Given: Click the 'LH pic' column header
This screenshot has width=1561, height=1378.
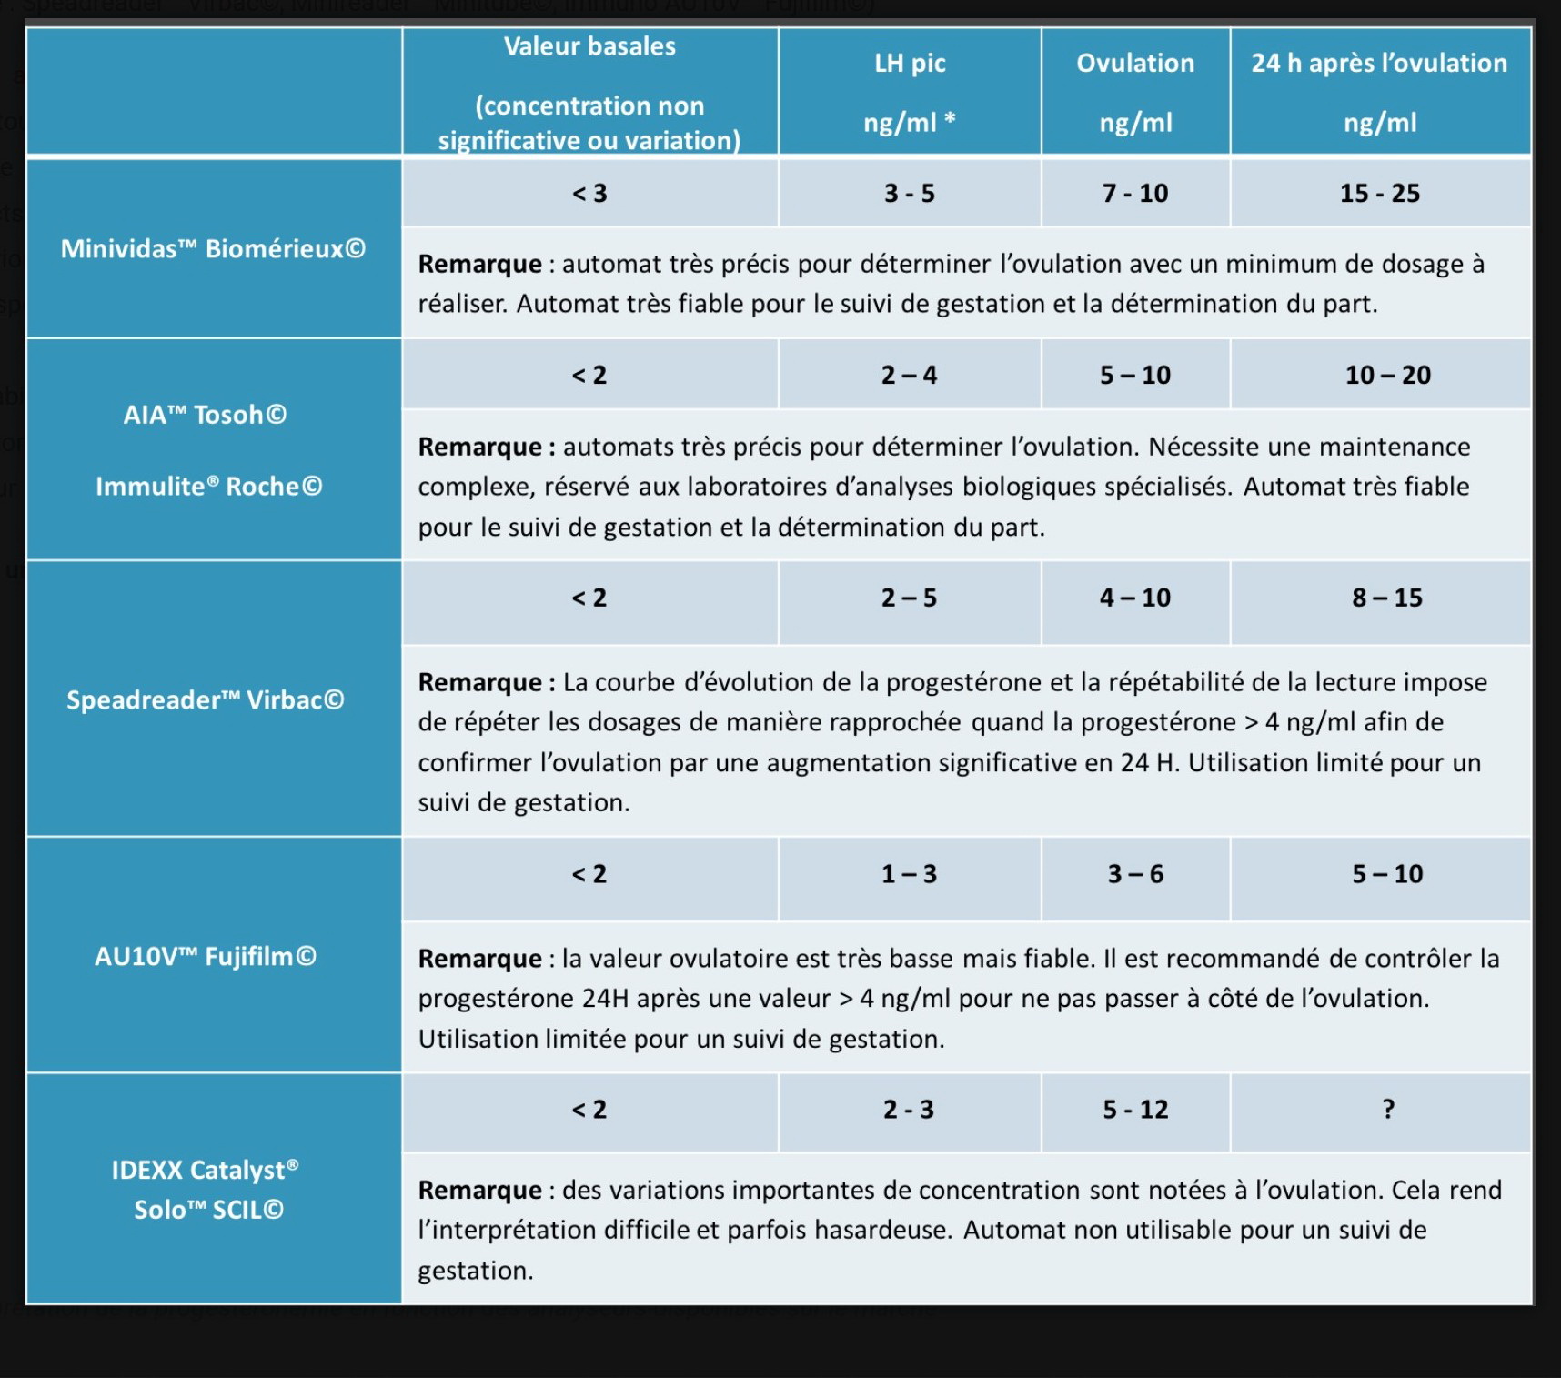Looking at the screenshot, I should tap(910, 63).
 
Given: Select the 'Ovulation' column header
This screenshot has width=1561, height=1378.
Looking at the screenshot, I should tap(1135, 63).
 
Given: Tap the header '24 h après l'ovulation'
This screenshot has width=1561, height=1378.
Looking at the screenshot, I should tap(1379, 63).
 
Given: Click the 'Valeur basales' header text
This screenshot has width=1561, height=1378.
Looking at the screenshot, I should tap(589, 46).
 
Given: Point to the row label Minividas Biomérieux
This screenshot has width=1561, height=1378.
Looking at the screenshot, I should tap(213, 248).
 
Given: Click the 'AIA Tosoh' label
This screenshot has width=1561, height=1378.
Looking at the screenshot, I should tap(205, 415).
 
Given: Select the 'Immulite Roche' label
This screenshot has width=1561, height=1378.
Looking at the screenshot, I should tap(208, 487).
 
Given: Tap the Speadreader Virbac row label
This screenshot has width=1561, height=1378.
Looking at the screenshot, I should tap(205, 699).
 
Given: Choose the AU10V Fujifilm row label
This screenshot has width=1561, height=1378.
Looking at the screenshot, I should tap(205, 956).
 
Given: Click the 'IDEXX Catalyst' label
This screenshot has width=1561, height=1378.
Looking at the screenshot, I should tap(205, 1170).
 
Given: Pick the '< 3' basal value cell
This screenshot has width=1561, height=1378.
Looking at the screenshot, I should tap(589, 193).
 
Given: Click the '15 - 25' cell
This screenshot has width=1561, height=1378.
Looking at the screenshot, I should tap(1379, 193).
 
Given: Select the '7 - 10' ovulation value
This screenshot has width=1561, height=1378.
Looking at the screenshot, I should tap(1135, 193).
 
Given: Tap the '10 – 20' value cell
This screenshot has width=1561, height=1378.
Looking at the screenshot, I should tap(1387, 375).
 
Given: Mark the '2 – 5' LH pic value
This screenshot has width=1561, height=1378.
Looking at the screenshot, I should tap(909, 598).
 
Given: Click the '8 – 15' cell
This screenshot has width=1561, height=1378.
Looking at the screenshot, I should tap(1386, 598).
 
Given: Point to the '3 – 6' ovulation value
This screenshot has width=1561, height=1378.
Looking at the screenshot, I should tap(1135, 874).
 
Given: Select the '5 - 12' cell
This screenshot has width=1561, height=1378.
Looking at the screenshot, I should tap(1135, 1110).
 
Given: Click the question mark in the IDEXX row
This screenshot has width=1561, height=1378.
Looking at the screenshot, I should tap(1388, 1110).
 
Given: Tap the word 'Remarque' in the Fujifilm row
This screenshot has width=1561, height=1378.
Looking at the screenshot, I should tap(479, 959).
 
